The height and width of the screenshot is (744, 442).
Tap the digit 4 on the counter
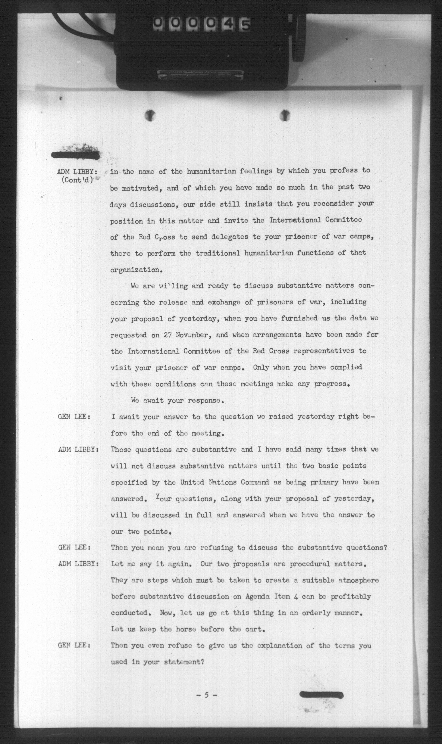228,24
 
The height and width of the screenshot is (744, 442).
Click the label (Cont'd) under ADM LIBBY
77,180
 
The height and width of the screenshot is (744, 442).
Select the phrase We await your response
177,400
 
